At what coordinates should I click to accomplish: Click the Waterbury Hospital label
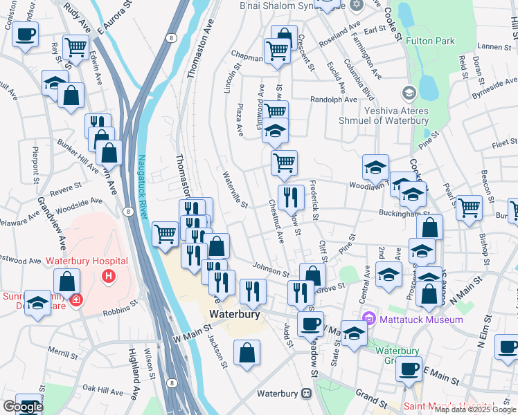coord(87,261)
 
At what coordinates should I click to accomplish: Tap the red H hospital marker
coord(107,277)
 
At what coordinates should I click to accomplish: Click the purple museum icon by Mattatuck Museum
coord(369,319)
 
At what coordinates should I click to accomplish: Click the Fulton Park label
coord(431,41)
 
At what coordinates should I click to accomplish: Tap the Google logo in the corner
coord(23,407)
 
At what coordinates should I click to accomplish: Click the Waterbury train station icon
coord(306,394)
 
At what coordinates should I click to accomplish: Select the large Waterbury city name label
coord(235,314)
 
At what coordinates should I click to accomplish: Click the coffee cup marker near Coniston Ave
coord(26,34)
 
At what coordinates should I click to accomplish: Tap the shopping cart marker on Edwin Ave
coord(75,47)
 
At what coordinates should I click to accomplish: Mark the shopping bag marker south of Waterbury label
coord(247,353)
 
